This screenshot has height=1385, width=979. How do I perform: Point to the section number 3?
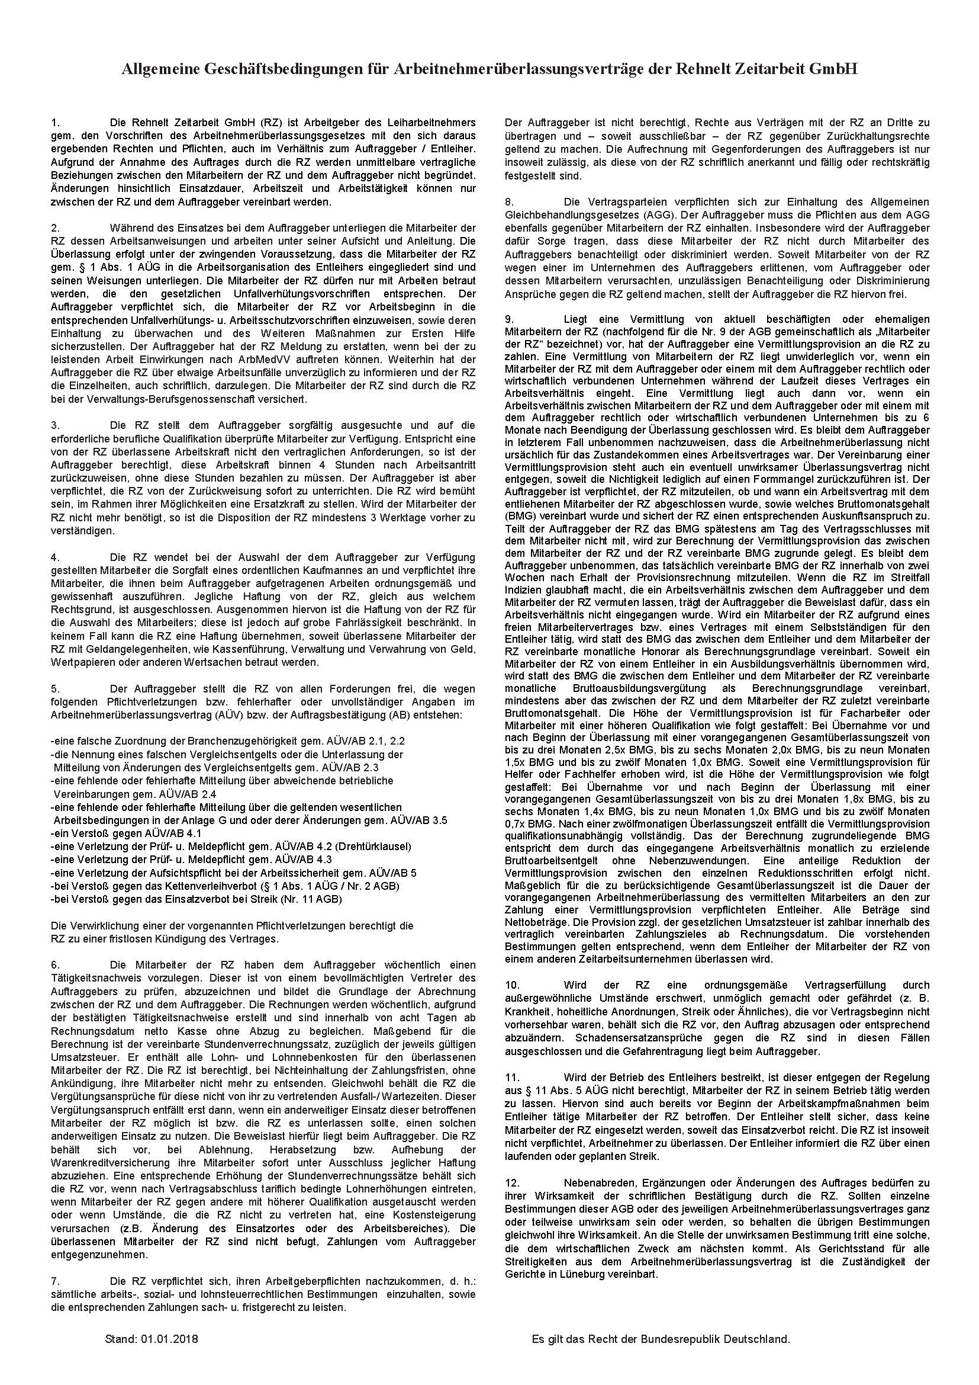pyautogui.click(x=55, y=425)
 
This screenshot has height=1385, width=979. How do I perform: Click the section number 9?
pyautogui.click(x=508, y=319)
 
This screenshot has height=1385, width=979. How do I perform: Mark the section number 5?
pyautogui.click(x=55, y=688)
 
